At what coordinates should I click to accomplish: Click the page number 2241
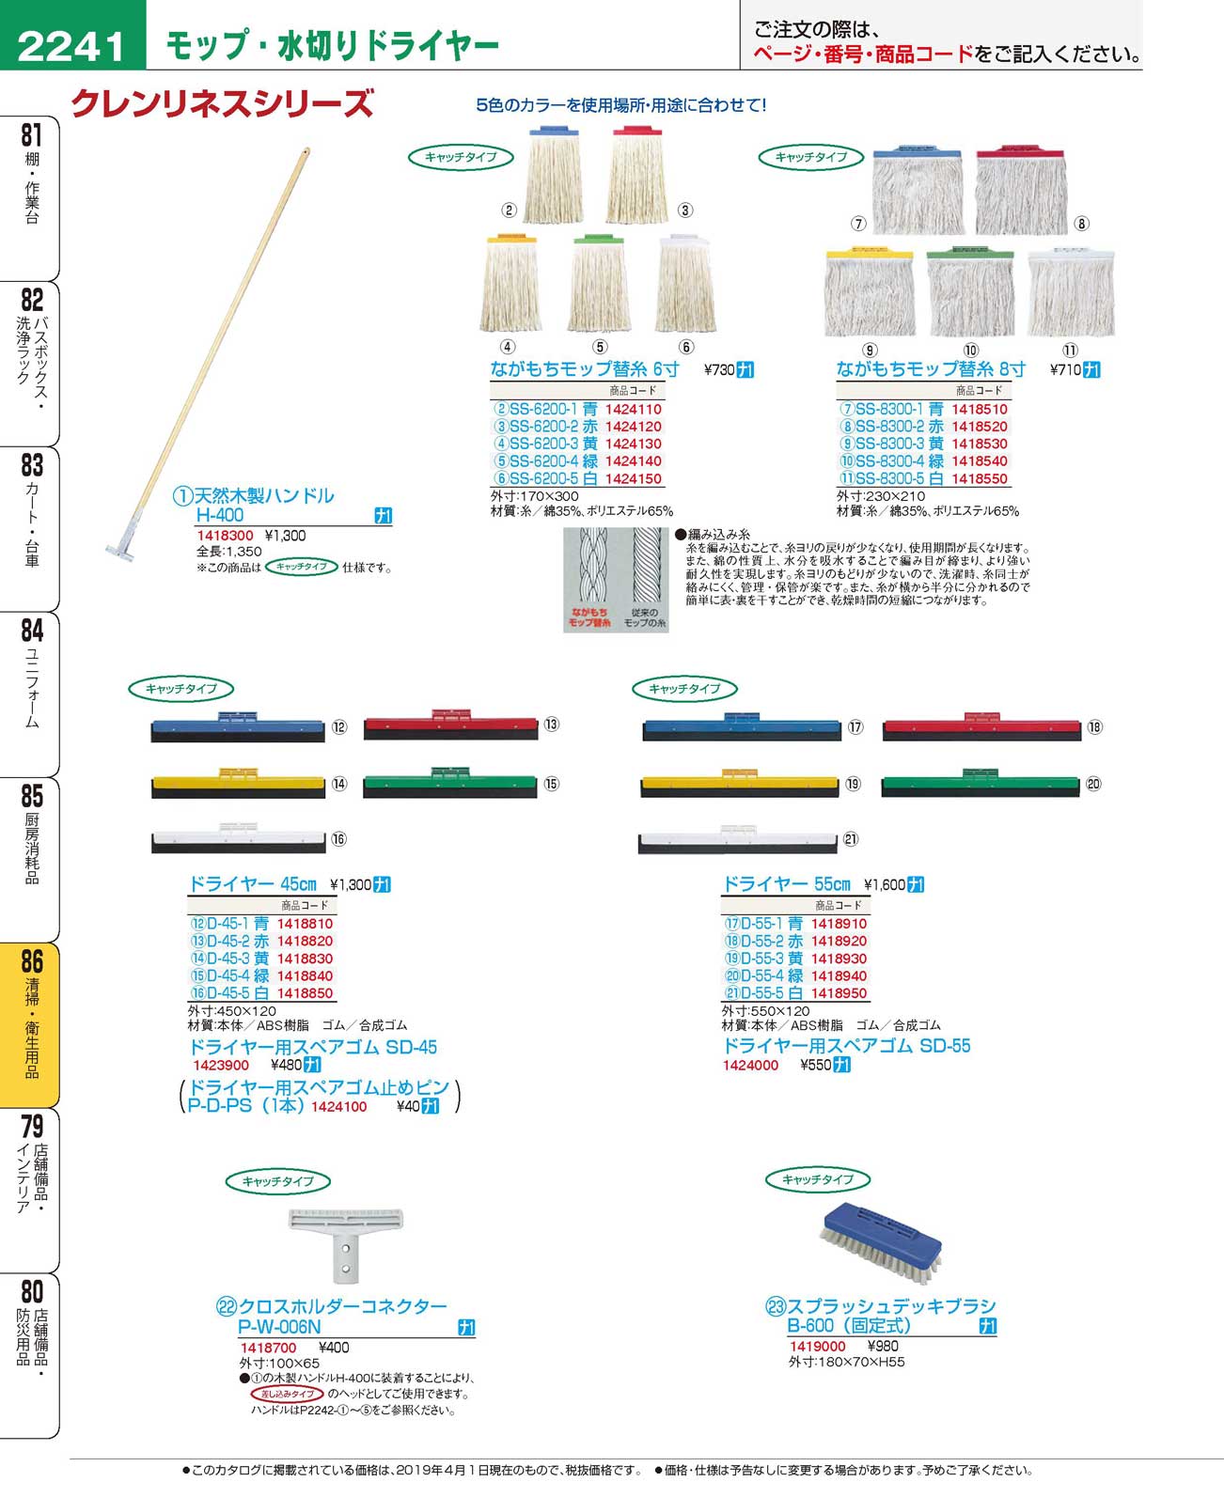pos(71,45)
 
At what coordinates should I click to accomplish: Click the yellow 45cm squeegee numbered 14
pos(238,785)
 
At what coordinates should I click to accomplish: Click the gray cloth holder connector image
pos(346,1242)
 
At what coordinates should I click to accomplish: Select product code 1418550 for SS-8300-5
pos(979,478)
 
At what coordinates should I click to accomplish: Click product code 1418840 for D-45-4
pos(305,975)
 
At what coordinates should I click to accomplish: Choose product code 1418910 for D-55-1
pos(839,924)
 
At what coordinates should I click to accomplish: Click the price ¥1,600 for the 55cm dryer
pos(885,884)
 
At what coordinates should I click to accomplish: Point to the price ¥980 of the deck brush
pos(883,1346)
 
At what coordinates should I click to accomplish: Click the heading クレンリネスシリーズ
pos(223,102)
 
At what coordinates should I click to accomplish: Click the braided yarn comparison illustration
pos(616,579)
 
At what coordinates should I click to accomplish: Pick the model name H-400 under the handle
pos(219,515)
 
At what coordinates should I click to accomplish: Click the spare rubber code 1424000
pos(750,1065)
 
